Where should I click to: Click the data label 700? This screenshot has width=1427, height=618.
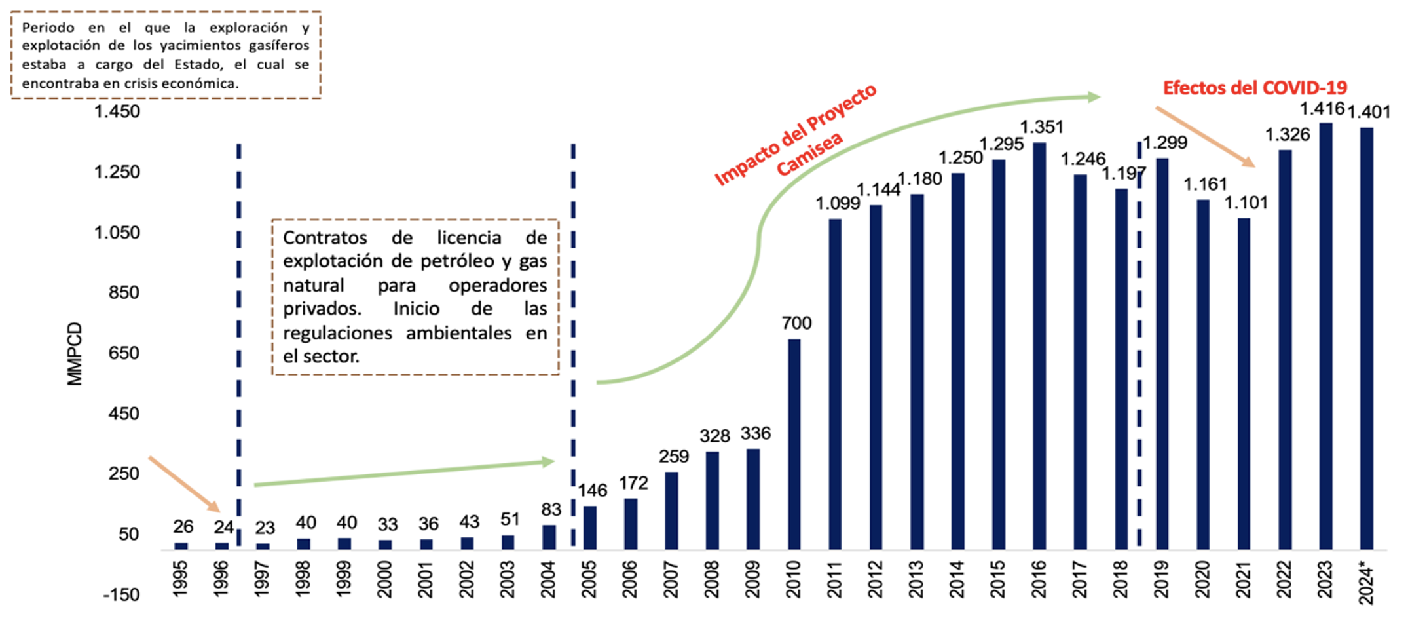(x=796, y=323)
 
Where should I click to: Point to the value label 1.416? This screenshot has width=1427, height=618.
(x=1322, y=109)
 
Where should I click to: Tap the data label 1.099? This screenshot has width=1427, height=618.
(x=838, y=204)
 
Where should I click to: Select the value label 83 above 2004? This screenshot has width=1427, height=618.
(x=551, y=510)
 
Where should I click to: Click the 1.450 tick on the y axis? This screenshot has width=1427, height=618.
(x=117, y=111)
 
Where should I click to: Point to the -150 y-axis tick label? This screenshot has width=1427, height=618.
(x=121, y=595)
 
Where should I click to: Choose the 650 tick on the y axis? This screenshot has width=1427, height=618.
(x=124, y=353)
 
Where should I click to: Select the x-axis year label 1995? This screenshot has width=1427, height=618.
(x=180, y=579)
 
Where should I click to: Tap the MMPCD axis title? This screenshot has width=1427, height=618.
(x=75, y=354)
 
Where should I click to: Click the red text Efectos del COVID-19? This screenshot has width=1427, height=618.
(x=1255, y=88)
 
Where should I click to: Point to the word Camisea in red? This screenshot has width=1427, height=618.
(x=809, y=155)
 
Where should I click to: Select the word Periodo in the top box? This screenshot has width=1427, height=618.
(x=48, y=28)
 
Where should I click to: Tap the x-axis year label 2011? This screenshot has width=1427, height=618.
(x=834, y=579)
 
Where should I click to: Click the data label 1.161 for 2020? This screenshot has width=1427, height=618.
(x=1205, y=185)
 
